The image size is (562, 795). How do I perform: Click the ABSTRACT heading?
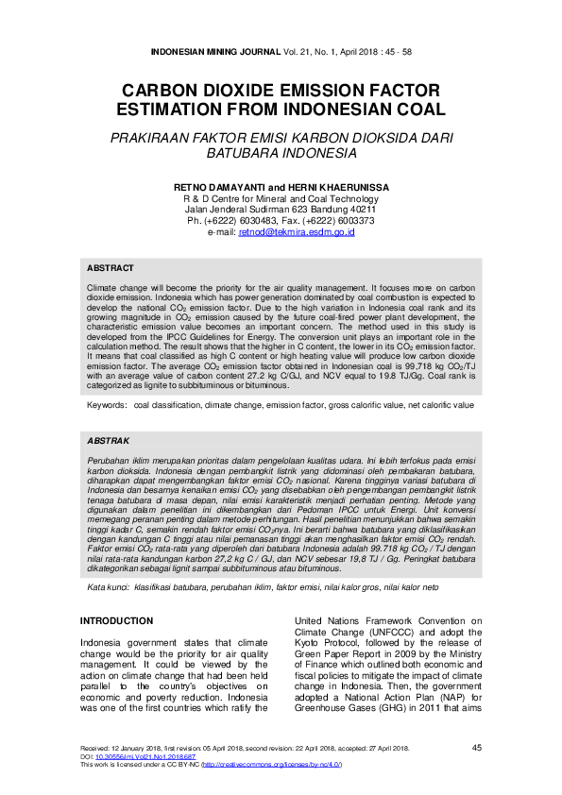[x=110, y=268]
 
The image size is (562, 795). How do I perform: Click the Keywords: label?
[x=107, y=404]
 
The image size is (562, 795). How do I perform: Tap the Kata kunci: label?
[x=109, y=561]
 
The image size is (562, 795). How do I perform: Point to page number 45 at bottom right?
[x=476, y=747]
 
